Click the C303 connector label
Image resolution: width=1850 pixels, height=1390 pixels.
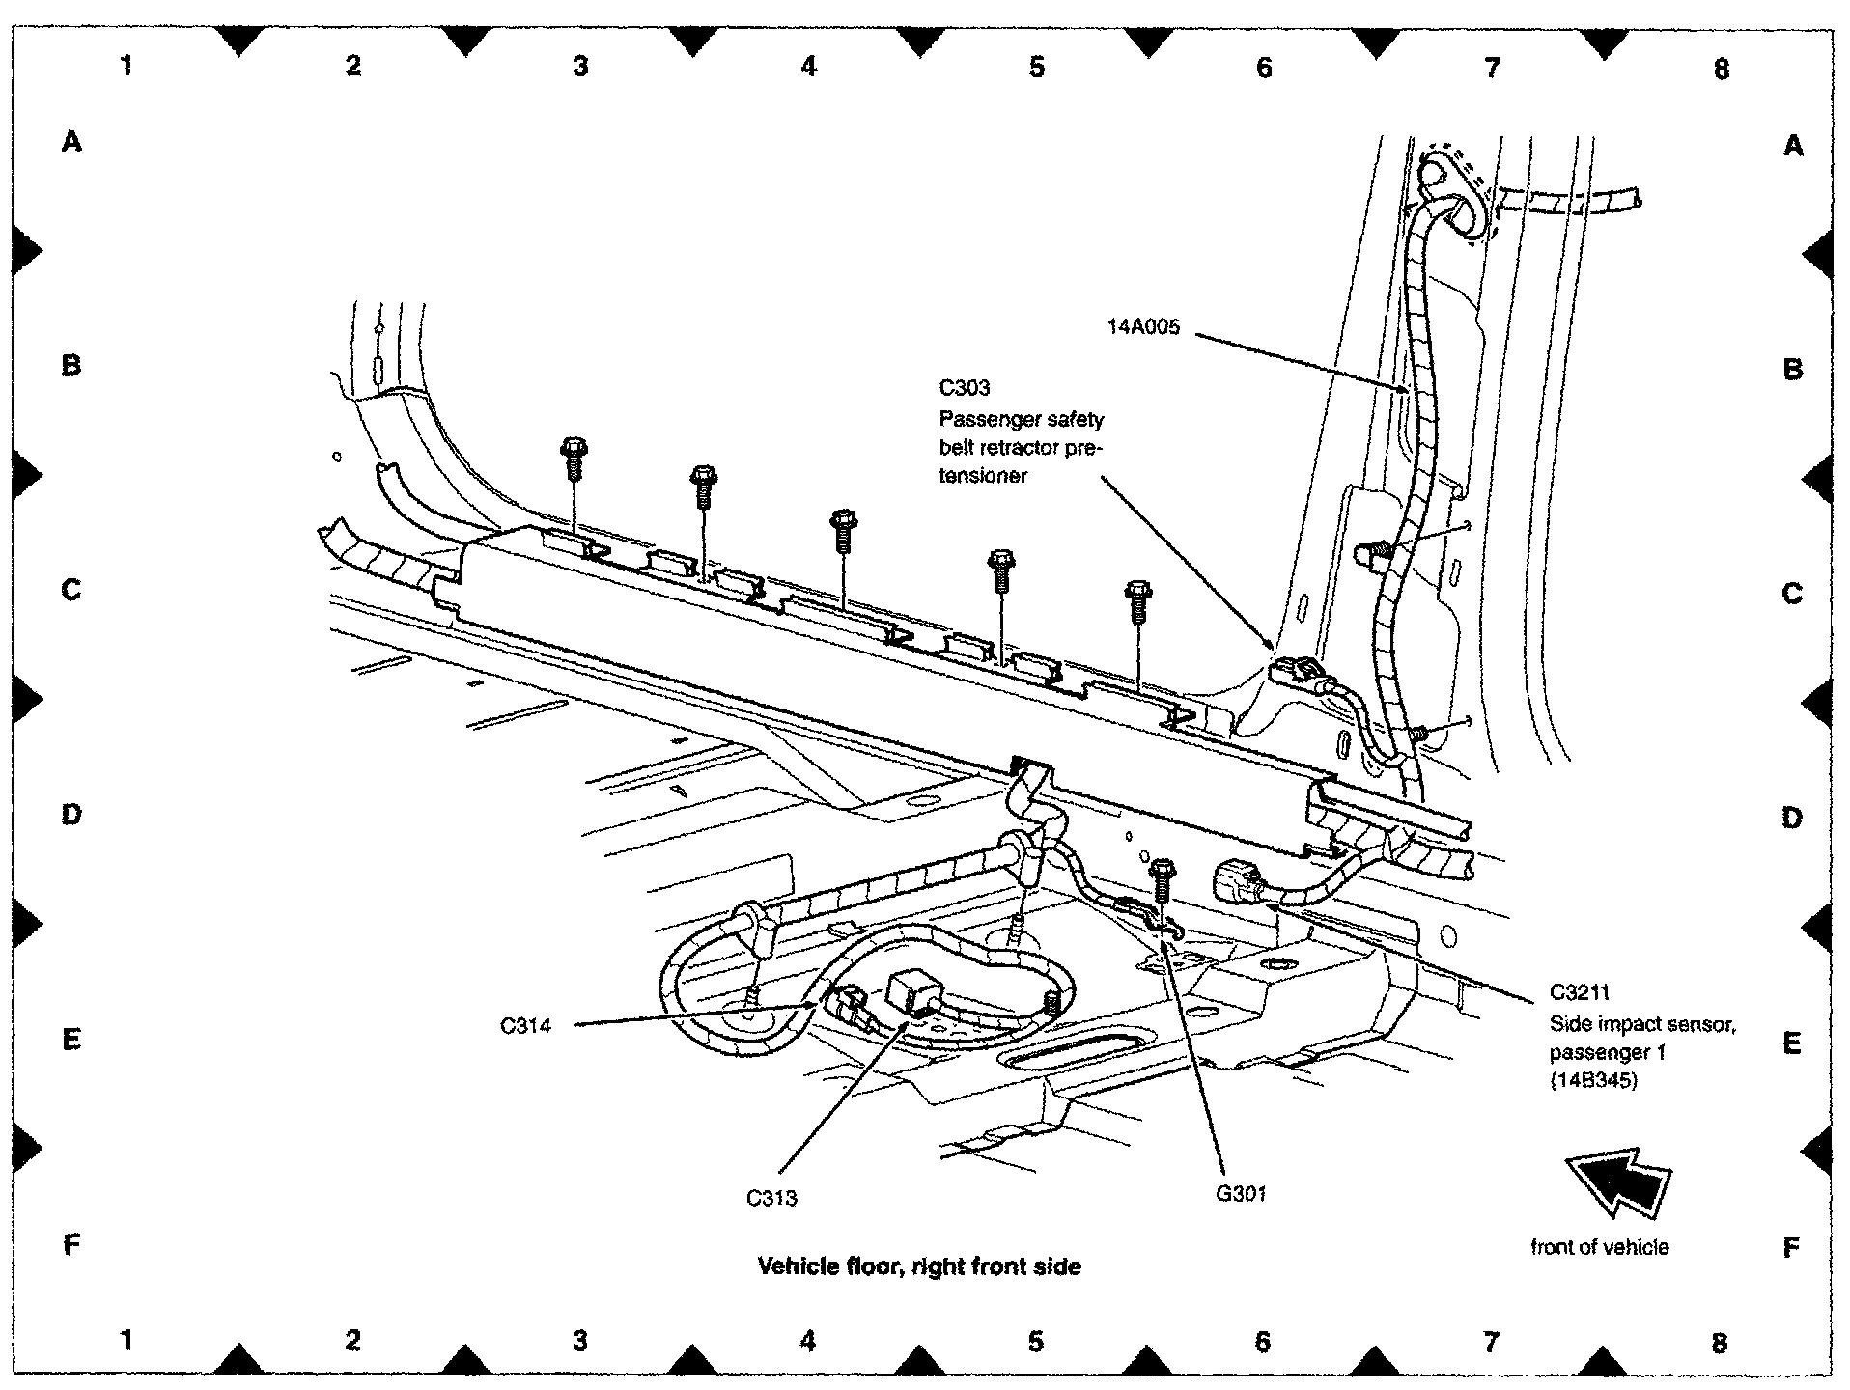tap(965, 388)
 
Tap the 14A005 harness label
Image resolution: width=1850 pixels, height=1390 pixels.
tap(1143, 328)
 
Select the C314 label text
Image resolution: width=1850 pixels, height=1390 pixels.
tap(526, 1025)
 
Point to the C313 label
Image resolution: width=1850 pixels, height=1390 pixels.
tap(771, 1199)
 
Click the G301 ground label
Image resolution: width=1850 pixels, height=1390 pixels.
tap(1241, 1194)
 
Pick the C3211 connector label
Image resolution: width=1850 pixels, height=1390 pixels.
tap(1580, 992)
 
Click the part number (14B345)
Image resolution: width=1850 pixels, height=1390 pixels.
tap(1594, 1081)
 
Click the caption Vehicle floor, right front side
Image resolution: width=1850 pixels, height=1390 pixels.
tap(919, 1266)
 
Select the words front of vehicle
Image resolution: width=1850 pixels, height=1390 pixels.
tap(1599, 1247)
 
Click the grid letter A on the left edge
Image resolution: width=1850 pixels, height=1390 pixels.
tap(71, 143)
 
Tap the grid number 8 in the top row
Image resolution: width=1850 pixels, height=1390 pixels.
tap(1721, 69)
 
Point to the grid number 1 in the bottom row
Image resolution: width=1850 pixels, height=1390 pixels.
tap(126, 1340)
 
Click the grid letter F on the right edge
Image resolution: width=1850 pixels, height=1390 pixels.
tap(1791, 1247)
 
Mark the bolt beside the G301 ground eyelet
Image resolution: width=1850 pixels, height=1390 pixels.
tap(1163, 880)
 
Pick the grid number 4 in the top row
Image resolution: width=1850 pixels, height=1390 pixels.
tap(809, 66)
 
